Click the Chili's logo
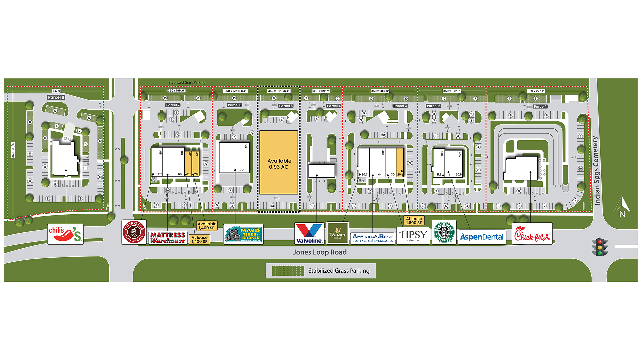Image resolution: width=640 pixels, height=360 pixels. [x=65, y=234]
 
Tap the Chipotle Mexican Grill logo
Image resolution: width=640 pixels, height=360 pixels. [x=134, y=232]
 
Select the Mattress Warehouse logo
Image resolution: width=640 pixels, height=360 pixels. [x=168, y=238]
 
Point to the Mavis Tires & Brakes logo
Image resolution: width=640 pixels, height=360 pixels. [x=243, y=234]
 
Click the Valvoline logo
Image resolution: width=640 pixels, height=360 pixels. [x=309, y=233]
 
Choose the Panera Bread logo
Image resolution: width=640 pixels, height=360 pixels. [x=337, y=233]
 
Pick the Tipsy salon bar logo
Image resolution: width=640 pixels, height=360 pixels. [x=413, y=236]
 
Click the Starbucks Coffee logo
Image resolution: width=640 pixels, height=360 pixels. [x=444, y=232]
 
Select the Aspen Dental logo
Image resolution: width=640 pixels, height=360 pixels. [x=482, y=237]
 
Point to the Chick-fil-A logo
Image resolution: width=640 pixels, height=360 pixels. [x=532, y=233]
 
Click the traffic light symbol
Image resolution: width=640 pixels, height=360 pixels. [x=600, y=247]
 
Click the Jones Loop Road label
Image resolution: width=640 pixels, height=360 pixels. [x=320, y=252]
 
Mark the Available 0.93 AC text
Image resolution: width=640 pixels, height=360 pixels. [x=279, y=164]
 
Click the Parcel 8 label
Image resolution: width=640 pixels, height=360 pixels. [x=56, y=97]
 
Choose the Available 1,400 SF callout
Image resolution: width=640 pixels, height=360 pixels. [x=207, y=226]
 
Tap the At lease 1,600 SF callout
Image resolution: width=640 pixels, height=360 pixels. [x=414, y=221]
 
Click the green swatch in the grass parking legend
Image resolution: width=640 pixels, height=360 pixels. [x=288, y=271]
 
